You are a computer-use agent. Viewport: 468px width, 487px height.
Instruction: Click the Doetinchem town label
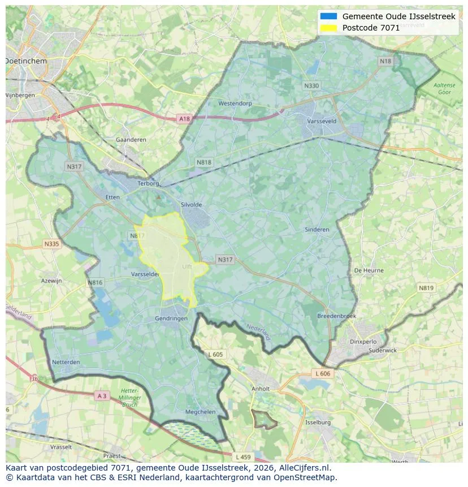pyautogui.click(x=26, y=61)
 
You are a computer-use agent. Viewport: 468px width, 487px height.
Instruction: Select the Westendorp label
pyautogui.click(x=235, y=104)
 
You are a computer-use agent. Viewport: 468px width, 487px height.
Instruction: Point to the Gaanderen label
pyautogui.click(x=131, y=140)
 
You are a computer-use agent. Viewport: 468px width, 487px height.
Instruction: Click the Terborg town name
pyautogui.click(x=150, y=183)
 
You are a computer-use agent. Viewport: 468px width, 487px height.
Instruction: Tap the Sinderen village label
pyautogui.click(x=317, y=230)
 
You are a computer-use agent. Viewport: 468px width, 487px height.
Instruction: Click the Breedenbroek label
pyautogui.click(x=337, y=316)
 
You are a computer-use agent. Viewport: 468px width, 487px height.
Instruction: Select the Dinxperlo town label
pyautogui.click(x=363, y=342)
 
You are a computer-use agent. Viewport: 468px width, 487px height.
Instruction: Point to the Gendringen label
pyautogui.click(x=171, y=318)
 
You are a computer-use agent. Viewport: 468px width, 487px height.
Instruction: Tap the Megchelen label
pyautogui.click(x=201, y=412)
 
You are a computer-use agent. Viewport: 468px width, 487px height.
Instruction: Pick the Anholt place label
pyautogui.click(x=261, y=389)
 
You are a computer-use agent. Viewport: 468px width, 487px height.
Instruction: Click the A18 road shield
pyautogui.click(x=184, y=119)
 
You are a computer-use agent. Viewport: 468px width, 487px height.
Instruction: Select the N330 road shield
pyautogui.click(x=311, y=86)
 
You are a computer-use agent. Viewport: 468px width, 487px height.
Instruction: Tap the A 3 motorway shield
pyautogui.click(x=102, y=396)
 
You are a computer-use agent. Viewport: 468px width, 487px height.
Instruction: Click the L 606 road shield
pyautogui.click(x=322, y=374)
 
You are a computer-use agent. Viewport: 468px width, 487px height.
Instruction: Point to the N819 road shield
pyautogui.click(x=426, y=288)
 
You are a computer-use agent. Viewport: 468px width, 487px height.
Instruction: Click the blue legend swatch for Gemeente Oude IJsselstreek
pyautogui.click(x=328, y=16)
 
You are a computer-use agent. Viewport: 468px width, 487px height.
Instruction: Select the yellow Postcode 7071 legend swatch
pyautogui.click(x=328, y=28)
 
